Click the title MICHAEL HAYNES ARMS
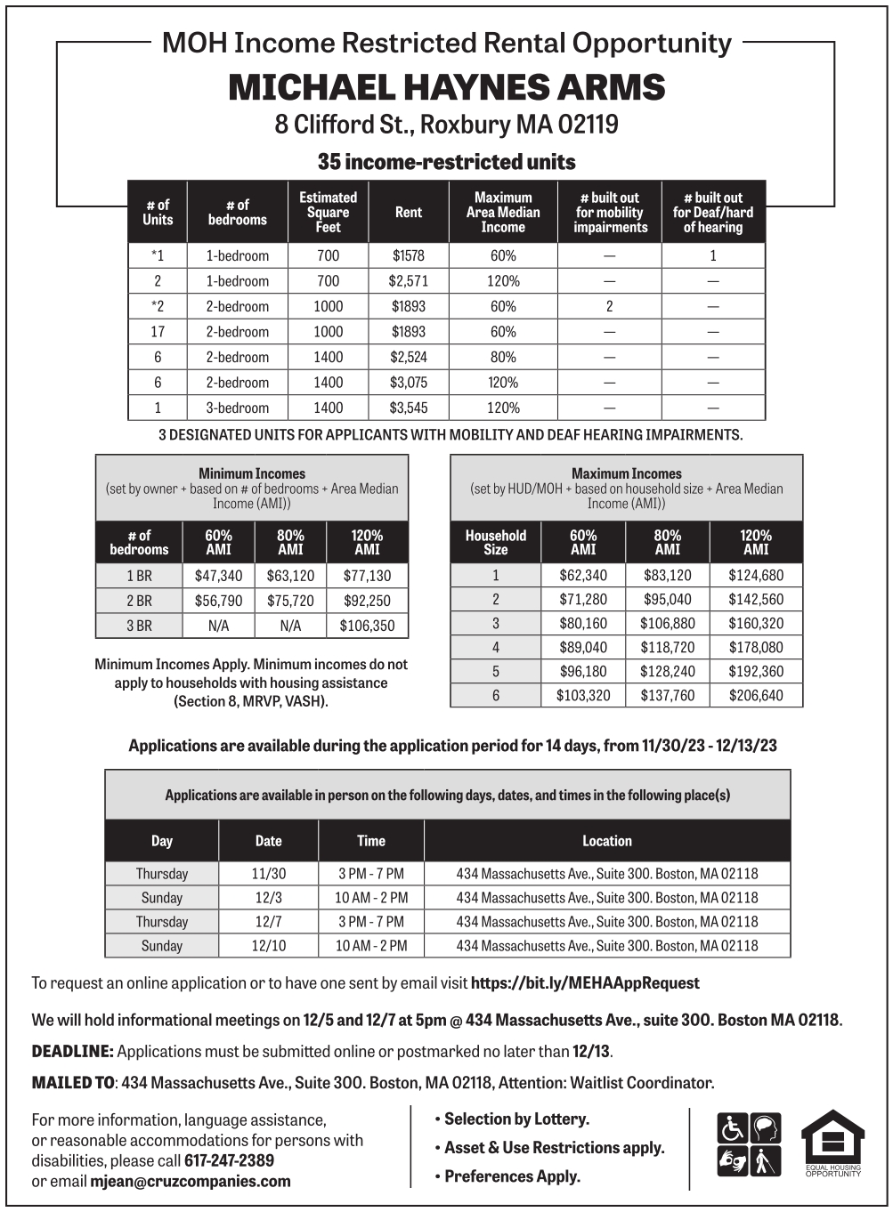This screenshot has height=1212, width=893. (x=446, y=87)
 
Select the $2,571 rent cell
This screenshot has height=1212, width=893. (x=408, y=281)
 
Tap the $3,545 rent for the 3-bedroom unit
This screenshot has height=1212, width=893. (x=408, y=408)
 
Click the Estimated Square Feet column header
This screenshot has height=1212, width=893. (x=328, y=213)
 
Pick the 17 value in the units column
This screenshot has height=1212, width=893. (x=158, y=332)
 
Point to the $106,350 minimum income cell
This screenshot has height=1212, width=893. (x=367, y=626)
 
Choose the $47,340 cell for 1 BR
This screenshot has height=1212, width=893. (x=218, y=576)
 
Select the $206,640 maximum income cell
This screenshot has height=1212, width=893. (x=756, y=696)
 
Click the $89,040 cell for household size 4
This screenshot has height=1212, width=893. (x=583, y=648)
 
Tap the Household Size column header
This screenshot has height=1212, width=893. (x=496, y=542)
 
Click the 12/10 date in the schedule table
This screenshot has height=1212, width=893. (x=269, y=946)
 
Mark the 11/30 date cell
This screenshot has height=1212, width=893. (x=269, y=874)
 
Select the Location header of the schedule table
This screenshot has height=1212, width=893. (x=607, y=841)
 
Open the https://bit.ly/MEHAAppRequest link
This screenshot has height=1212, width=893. (x=585, y=983)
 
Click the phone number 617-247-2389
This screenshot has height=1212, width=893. (x=229, y=1160)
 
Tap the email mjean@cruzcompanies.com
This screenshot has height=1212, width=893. (x=191, y=1182)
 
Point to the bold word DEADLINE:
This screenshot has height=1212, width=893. (x=72, y=1052)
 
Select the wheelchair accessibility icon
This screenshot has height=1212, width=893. (x=732, y=1128)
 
